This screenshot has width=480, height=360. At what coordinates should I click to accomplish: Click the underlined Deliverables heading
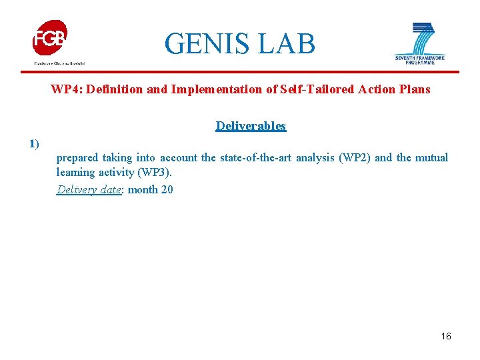click(x=251, y=126)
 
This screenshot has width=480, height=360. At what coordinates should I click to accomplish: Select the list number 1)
click(x=34, y=143)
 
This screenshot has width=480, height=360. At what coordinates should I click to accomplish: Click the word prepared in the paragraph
click(x=77, y=158)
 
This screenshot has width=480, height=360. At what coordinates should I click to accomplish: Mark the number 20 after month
click(x=167, y=189)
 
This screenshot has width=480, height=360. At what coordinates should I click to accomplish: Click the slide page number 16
click(x=446, y=336)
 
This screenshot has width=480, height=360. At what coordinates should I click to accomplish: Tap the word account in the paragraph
click(x=179, y=158)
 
